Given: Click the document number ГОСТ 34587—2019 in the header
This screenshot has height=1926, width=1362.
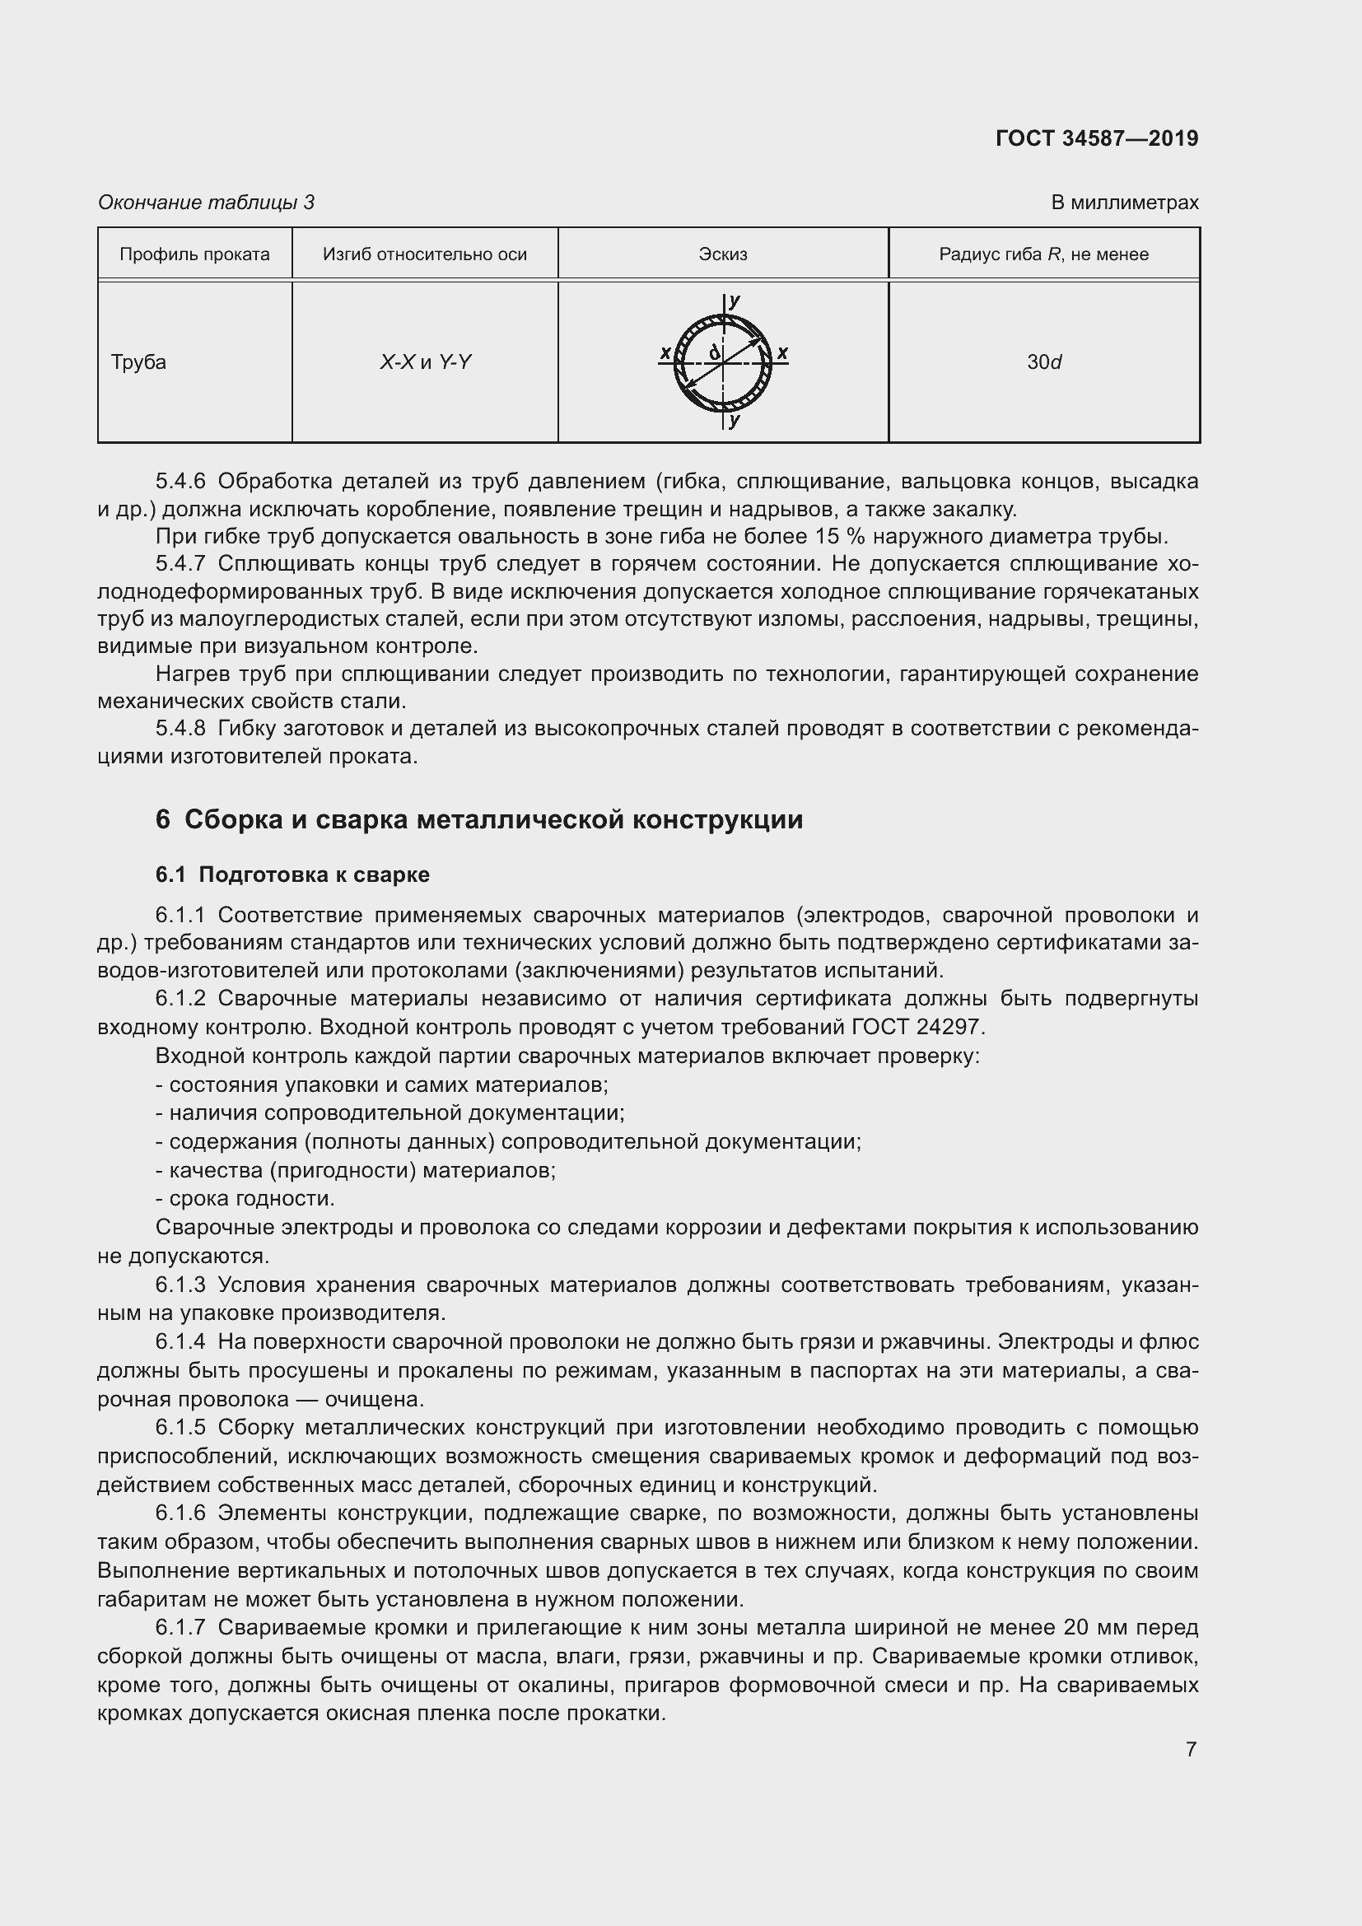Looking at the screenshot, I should (x=1096, y=138).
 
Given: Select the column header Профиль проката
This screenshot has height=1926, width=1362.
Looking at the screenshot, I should (x=194, y=254).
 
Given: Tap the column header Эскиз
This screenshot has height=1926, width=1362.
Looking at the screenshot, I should (x=722, y=254).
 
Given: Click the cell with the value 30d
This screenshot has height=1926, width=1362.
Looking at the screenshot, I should (x=1044, y=362).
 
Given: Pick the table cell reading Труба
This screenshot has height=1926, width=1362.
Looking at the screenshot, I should (x=139, y=362).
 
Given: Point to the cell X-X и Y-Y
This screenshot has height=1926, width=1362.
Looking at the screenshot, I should (x=425, y=362).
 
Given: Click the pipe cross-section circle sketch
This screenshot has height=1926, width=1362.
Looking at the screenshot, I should (x=722, y=363).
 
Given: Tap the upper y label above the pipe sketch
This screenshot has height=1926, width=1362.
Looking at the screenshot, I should (x=735, y=301).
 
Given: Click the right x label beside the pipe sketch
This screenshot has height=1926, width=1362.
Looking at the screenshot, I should (x=781, y=352).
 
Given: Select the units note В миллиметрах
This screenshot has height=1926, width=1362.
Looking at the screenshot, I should (x=1124, y=203).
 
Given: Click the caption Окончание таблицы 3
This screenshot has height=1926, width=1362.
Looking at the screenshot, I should (x=207, y=203).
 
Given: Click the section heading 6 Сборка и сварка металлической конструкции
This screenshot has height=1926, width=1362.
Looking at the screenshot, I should (x=479, y=819).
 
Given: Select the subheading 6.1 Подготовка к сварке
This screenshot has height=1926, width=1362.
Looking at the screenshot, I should (x=292, y=875).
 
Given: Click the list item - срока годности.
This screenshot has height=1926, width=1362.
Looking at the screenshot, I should (x=245, y=1199).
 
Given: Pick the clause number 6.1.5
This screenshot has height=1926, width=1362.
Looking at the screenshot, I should (x=180, y=1428).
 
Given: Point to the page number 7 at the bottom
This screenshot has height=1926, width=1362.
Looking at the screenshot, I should (x=1191, y=1750).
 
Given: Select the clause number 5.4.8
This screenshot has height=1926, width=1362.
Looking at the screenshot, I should (x=180, y=728).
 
